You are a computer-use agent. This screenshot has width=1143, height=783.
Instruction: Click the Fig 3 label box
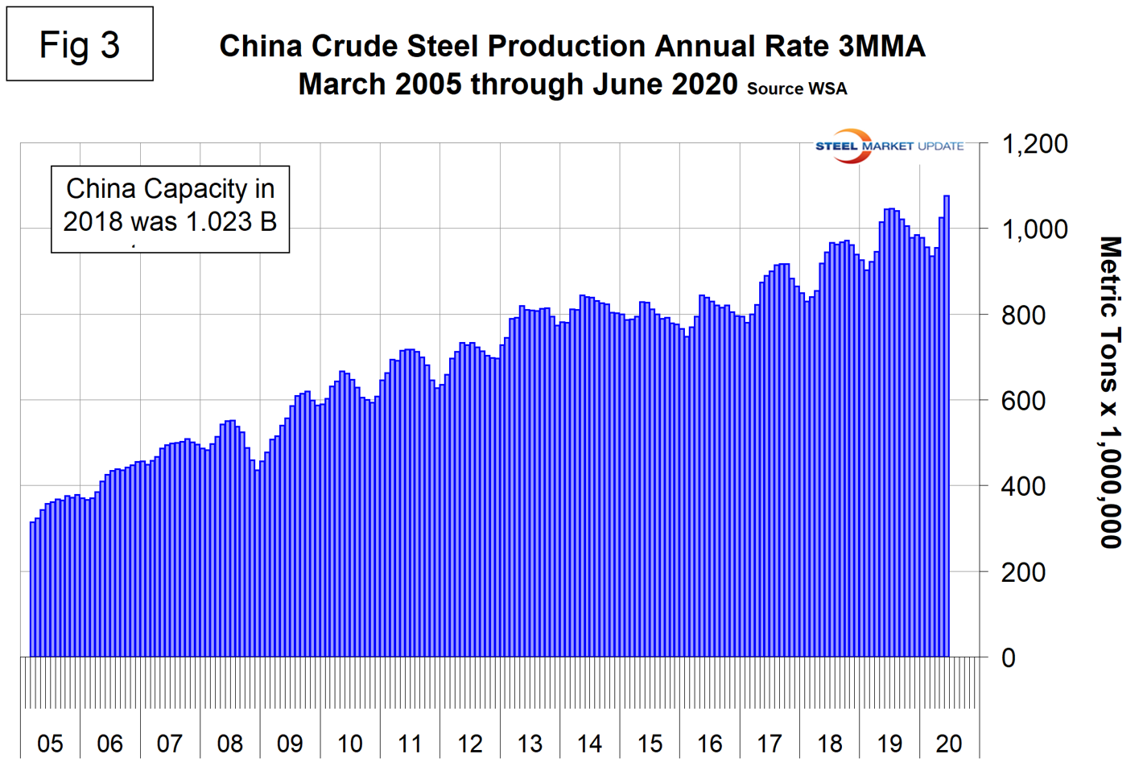pos(79,44)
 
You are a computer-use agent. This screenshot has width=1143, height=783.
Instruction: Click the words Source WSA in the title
pos(796,89)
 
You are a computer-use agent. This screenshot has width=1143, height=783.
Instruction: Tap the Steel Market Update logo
pos(889,146)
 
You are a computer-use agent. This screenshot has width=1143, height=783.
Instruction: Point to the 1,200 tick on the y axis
pos(1034,144)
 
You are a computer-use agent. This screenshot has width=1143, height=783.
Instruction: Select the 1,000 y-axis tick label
pos(1034,229)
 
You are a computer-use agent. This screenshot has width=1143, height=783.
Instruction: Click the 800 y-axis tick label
pos(1023,315)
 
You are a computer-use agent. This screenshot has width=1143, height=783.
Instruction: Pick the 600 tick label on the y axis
pos(1023,401)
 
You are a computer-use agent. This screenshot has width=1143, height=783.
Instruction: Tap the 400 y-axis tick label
pos(1023,486)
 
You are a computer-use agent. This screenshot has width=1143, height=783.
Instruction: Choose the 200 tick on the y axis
pos(1023,572)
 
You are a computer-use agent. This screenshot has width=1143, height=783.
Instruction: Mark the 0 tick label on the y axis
pos(1008,657)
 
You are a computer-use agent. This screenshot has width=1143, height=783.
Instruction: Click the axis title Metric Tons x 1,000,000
pos(1111,392)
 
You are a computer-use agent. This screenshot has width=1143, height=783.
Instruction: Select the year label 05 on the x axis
pos(50,744)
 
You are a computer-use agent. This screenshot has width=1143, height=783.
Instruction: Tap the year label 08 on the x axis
pos(230,744)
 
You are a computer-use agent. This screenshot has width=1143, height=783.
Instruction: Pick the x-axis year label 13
pos(530,744)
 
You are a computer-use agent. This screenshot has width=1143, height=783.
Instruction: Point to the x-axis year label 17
pos(770,744)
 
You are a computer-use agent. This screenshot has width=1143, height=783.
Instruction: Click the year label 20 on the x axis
pos(949,744)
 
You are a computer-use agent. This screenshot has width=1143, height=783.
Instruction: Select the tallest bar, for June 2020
pos(947,427)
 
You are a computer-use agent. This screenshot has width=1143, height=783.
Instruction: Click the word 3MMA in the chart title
pos(881,47)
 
